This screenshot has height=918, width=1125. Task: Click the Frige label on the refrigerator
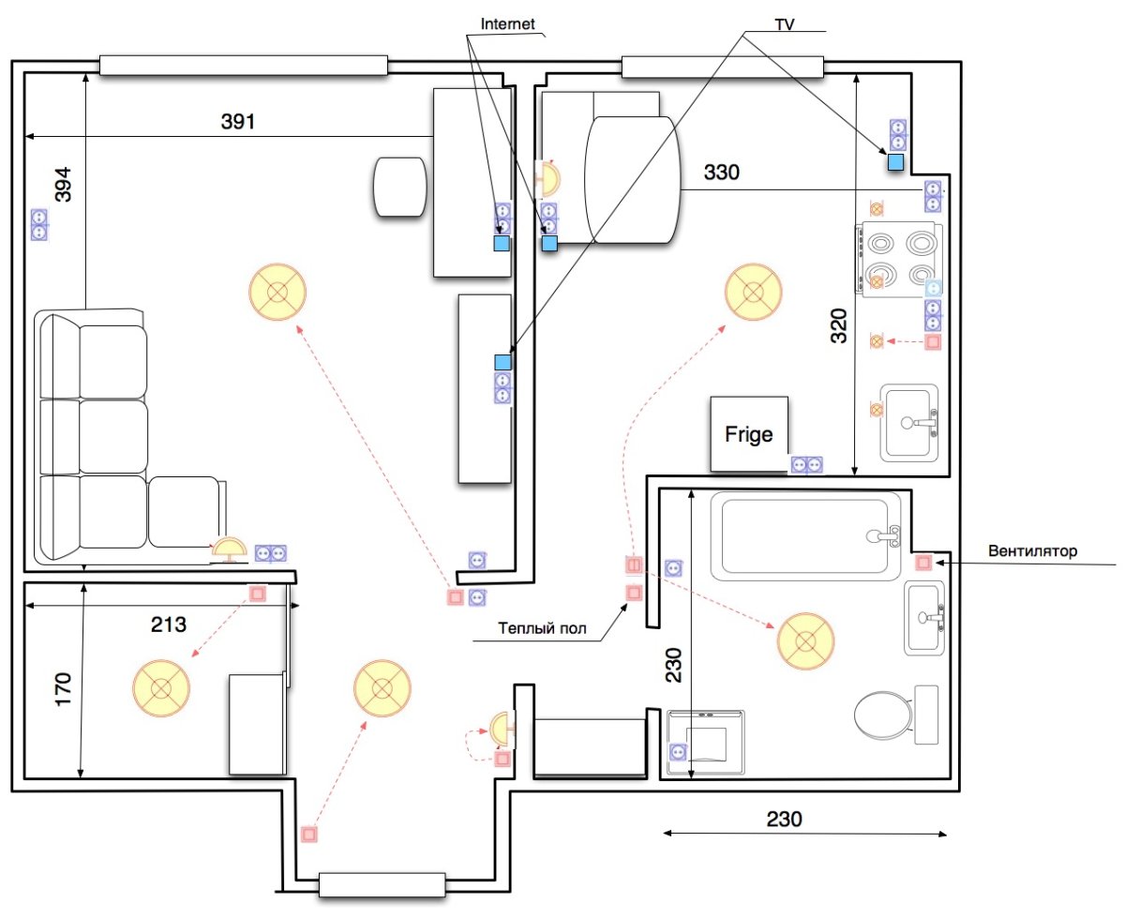click(748, 435)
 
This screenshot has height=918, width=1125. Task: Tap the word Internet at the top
click(507, 24)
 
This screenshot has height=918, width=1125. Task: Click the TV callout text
click(784, 24)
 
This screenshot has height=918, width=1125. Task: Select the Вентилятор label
click(1032, 550)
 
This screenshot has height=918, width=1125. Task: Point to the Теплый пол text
click(542, 628)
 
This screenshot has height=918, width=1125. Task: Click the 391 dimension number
click(238, 122)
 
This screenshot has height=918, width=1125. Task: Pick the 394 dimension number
click(63, 185)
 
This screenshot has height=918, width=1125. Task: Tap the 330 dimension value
click(722, 173)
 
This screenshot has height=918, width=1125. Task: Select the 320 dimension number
click(838, 325)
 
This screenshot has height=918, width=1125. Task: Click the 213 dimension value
click(169, 625)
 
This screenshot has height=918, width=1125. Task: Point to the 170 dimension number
click(63, 690)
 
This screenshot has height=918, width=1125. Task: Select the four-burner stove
click(898, 259)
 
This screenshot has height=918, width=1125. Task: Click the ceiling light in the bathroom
click(805, 641)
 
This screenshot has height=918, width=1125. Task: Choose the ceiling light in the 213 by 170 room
click(161, 688)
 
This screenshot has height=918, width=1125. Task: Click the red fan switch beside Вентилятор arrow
click(923, 563)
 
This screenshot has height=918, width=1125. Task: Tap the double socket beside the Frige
click(806, 465)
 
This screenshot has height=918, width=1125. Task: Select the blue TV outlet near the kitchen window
click(895, 162)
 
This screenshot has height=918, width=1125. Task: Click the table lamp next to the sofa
click(230, 549)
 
